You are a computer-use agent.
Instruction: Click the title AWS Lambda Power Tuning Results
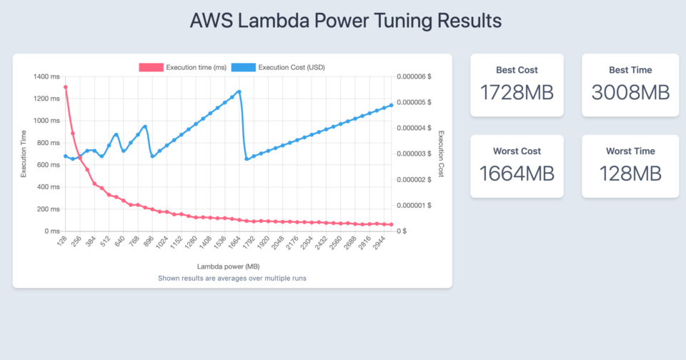point(345,20)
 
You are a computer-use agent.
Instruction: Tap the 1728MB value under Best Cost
point(517,93)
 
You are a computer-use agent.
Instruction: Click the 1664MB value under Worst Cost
point(517,174)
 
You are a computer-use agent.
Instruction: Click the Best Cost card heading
point(517,70)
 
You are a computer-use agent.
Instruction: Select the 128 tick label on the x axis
point(63,243)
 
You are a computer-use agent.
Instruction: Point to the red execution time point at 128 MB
point(66,87)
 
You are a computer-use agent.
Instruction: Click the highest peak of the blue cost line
point(239,91)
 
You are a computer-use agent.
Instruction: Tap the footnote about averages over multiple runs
point(232,277)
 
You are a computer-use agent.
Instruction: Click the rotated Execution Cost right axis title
point(441,154)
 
